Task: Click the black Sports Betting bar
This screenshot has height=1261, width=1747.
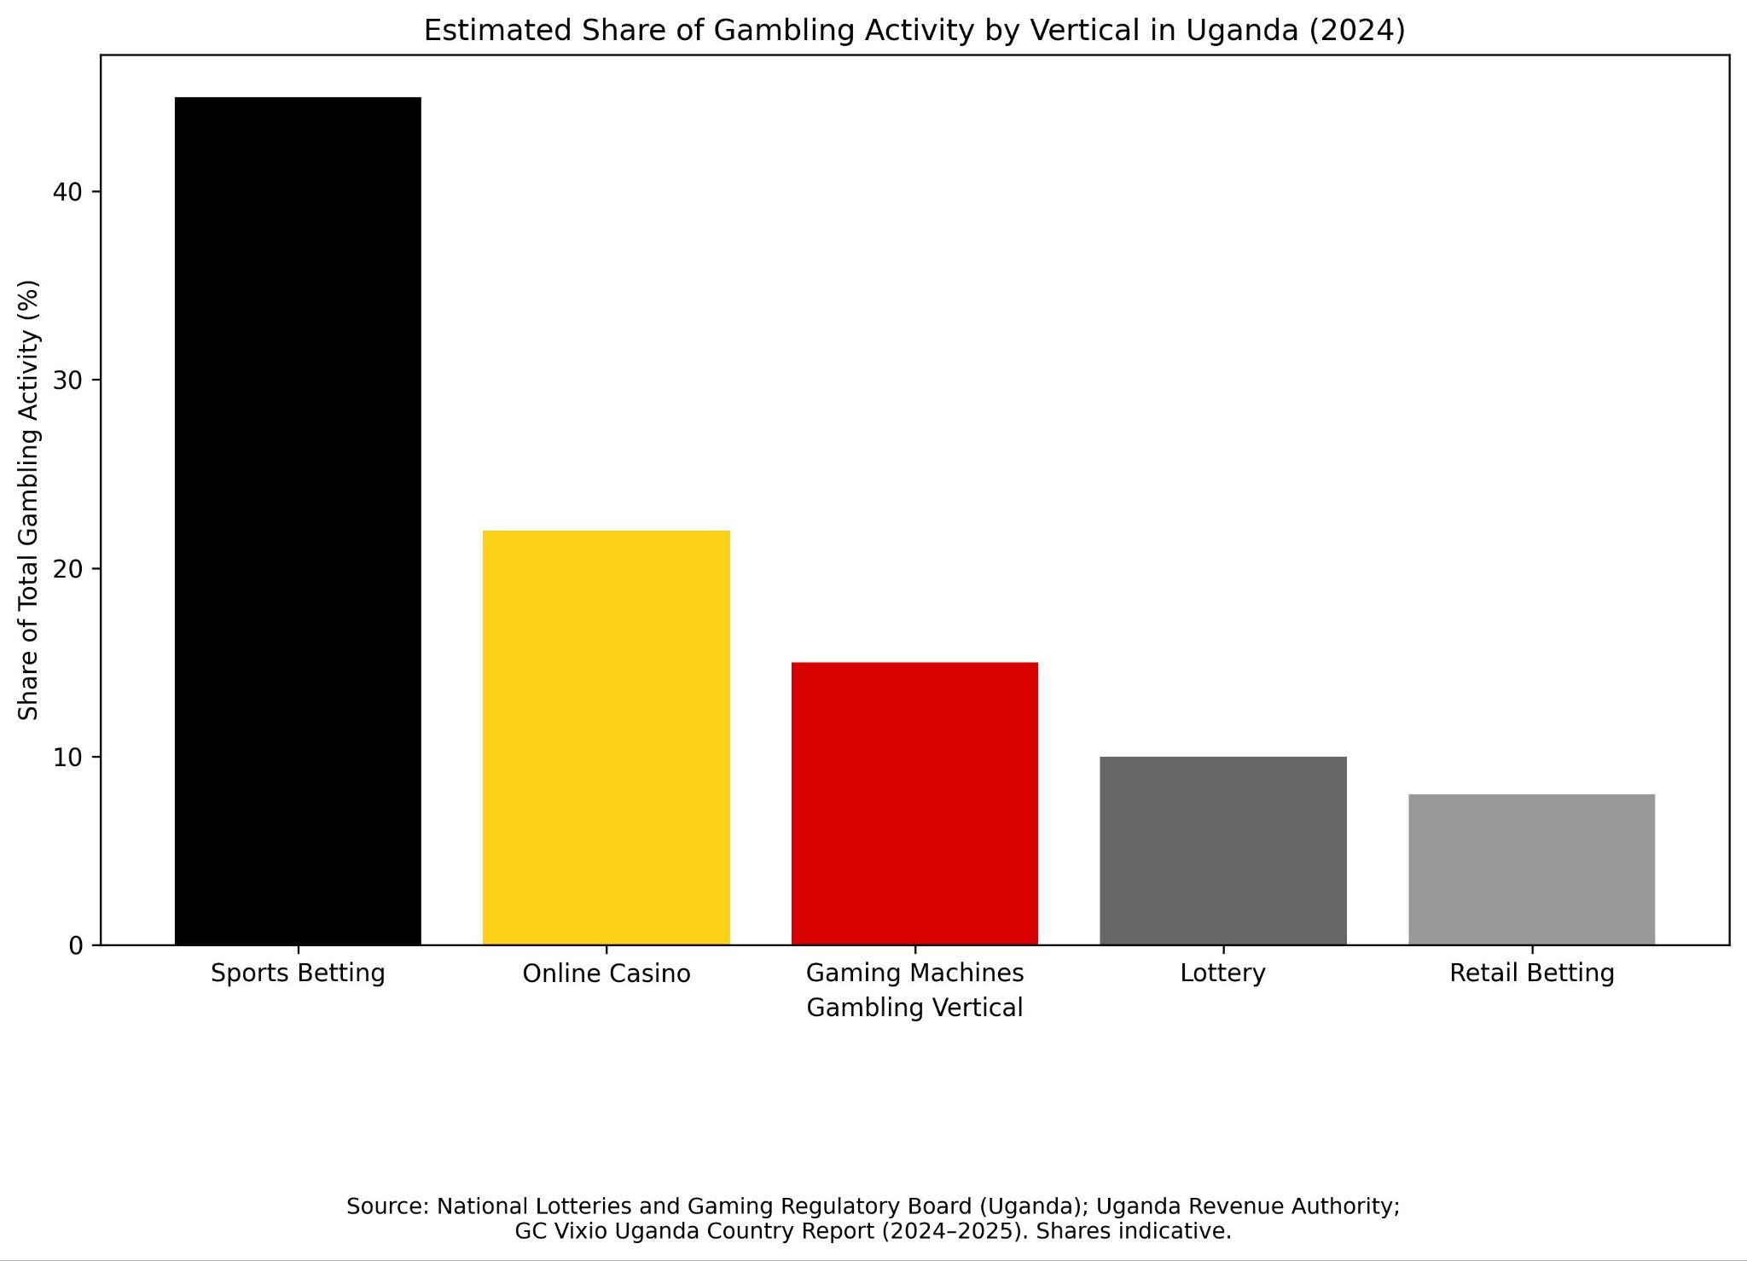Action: [298, 520]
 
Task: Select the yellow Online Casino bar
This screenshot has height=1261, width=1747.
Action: [607, 738]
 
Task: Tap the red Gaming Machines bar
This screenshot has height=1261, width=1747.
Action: [914, 804]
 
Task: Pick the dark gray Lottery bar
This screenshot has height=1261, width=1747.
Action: [1223, 851]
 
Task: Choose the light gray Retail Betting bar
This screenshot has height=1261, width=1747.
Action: [1532, 869]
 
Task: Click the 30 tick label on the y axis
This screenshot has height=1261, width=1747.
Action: [67, 381]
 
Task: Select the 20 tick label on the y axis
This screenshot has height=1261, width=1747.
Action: [67, 569]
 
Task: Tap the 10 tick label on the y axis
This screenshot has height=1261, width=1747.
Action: [67, 758]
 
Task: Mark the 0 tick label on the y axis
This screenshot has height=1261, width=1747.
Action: [76, 946]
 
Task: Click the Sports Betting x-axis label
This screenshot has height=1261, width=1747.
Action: [298, 973]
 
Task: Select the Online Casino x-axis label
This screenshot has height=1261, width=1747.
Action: [607, 973]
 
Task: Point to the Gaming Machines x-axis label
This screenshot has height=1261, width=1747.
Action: [914, 973]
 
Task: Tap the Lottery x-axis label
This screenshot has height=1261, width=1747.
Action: [1223, 973]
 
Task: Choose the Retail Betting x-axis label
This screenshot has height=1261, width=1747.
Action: [1532, 973]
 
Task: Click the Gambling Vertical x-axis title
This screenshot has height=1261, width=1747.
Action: [914, 1008]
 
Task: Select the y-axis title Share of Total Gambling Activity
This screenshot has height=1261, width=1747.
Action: [29, 500]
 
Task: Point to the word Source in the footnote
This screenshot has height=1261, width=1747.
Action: [387, 1206]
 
